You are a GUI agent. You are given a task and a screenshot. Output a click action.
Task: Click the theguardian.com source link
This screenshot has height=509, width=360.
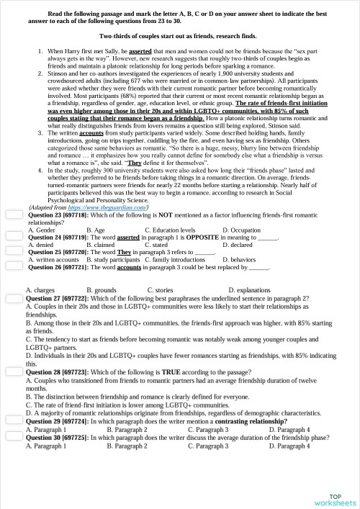pos(107,207)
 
